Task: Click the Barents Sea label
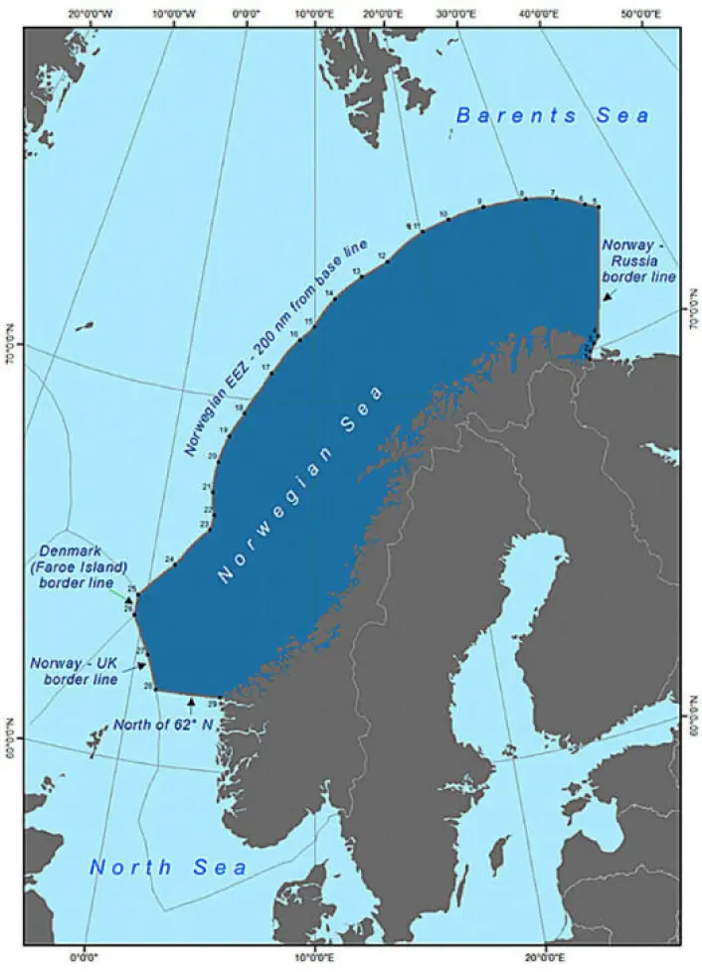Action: (553, 116)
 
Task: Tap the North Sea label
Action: (168, 868)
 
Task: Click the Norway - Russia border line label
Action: (638, 259)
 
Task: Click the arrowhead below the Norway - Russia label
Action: (606, 297)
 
